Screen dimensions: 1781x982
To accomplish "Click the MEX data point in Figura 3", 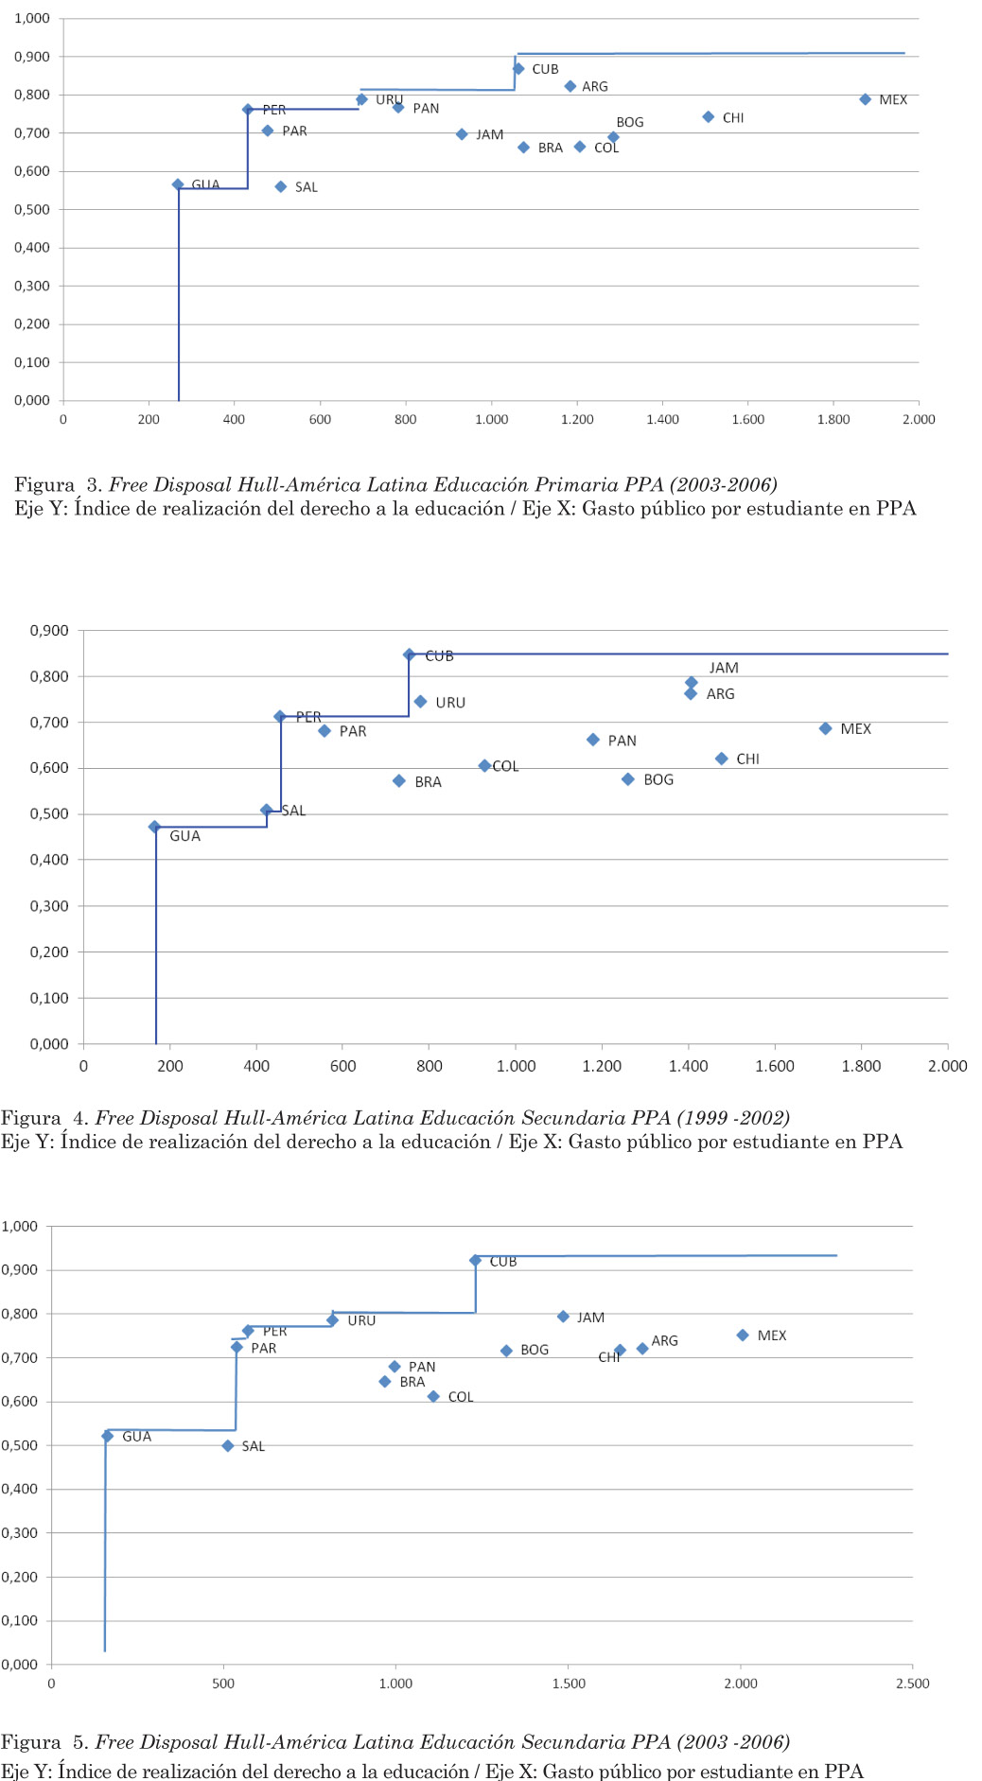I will coord(865,99).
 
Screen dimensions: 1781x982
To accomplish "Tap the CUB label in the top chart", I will coord(545,69).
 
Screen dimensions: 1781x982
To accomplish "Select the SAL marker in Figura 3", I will coord(281,187).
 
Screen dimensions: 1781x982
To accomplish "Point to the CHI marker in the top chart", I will coord(708,117).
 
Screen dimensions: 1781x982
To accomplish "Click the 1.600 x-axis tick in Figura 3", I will coord(747,420).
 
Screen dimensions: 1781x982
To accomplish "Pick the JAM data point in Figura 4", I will coord(692,682).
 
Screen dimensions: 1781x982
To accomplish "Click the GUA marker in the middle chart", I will coord(155,827).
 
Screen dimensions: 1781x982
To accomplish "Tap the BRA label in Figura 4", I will coord(428,782).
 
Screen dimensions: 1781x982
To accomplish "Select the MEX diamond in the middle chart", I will coord(825,728).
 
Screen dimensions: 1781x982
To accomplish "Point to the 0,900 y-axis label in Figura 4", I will coord(49,631).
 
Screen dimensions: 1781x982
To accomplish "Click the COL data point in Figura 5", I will coord(433,1396).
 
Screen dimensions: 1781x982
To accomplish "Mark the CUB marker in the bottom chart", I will coord(475,1261).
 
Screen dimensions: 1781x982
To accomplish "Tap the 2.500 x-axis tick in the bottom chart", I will coord(912,1683).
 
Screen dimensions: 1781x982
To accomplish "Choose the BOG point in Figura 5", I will coord(506,1351).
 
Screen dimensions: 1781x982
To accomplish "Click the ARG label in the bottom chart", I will coord(664,1340).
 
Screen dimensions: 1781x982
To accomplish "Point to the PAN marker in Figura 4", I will coord(593,740).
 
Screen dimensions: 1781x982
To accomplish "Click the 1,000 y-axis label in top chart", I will coord(32,19).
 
